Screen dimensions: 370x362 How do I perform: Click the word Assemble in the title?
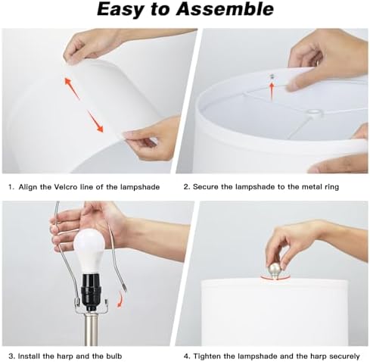[x=225, y=9]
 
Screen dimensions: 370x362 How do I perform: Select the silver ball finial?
[x=275, y=271]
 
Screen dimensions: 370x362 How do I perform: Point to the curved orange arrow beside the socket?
[x=120, y=298]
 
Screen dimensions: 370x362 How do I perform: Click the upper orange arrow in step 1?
[x=72, y=88]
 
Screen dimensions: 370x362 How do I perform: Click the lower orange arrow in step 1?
[x=95, y=121]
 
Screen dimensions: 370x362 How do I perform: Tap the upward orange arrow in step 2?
[x=272, y=91]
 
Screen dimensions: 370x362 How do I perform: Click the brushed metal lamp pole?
[x=90, y=329]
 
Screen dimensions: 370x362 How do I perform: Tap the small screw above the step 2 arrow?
[x=272, y=76]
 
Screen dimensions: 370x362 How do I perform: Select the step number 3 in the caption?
[x=11, y=356]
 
